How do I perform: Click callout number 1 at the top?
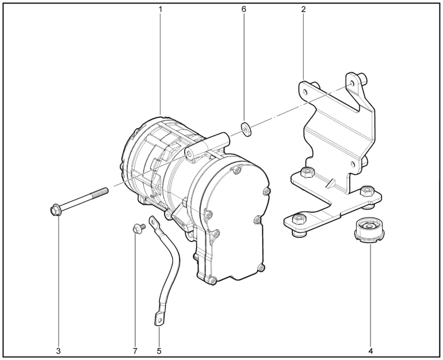pyautogui.click(x=160, y=9)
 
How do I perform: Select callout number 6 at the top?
pyautogui.click(x=243, y=9)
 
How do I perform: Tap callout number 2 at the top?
pyautogui.click(x=303, y=9)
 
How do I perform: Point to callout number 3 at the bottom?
pyautogui.click(x=59, y=351)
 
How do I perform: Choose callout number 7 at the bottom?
pyautogui.click(x=135, y=351)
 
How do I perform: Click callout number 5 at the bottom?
pyautogui.click(x=159, y=351)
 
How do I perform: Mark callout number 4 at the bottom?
pyautogui.click(x=371, y=351)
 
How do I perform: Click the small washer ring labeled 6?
pyautogui.click(x=246, y=129)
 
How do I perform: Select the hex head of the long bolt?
pyautogui.click(x=54, y=210)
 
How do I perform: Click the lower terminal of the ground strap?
pyautogui.click(x=159, y=319)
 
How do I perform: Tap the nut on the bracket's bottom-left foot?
pyautogui.click(x=299, y=219)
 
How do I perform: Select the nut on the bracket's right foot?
pyautogui.click(x=366, y=192)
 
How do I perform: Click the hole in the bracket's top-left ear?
pyautogui.click(x=305, y=92)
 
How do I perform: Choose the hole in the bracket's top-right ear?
pyautogui.click(x=352, y=83)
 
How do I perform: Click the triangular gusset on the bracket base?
pyautogui.click(x=331, y=183)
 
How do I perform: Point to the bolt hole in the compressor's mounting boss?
pyautogui.click(x=189, y=153)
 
